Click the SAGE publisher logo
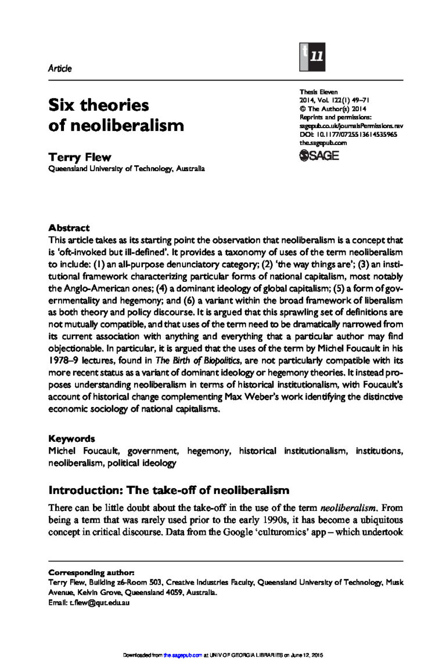pos(319,155)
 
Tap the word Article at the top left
pos(60,68)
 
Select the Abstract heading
pos(69,228)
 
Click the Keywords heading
pos(71,439)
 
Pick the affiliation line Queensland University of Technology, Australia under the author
pos(126,169)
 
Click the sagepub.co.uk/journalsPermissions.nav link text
pos(351,125)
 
